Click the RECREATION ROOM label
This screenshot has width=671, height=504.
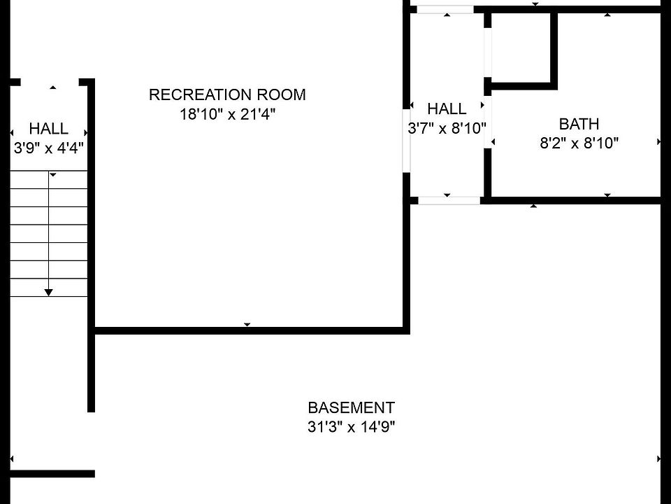coord(227,94)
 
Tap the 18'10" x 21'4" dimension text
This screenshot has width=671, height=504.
coord(227,114)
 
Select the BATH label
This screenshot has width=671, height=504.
coord(579,124)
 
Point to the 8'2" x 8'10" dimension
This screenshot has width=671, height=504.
coord(579,143)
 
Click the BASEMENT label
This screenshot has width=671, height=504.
coord(351,407)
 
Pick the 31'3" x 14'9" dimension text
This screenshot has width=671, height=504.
coord(351,427)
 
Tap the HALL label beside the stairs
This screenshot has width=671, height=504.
coord(49,129)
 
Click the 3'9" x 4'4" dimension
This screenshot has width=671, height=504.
coord(49,148)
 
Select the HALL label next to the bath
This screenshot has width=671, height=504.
coord(447,109)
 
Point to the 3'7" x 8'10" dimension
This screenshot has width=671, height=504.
coord(447,128)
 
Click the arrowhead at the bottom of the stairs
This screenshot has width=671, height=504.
coord(49,293)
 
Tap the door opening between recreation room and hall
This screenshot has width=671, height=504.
coord(407,141)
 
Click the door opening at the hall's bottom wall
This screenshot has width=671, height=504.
coord(449,201)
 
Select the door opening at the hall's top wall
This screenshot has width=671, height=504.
coord(445,9)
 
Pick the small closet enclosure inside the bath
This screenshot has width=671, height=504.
coord(523,50)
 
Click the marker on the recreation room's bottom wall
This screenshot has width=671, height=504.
coord(247,324)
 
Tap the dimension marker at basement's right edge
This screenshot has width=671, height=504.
coord(658,459)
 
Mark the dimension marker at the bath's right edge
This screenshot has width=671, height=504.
coord(659,142)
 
